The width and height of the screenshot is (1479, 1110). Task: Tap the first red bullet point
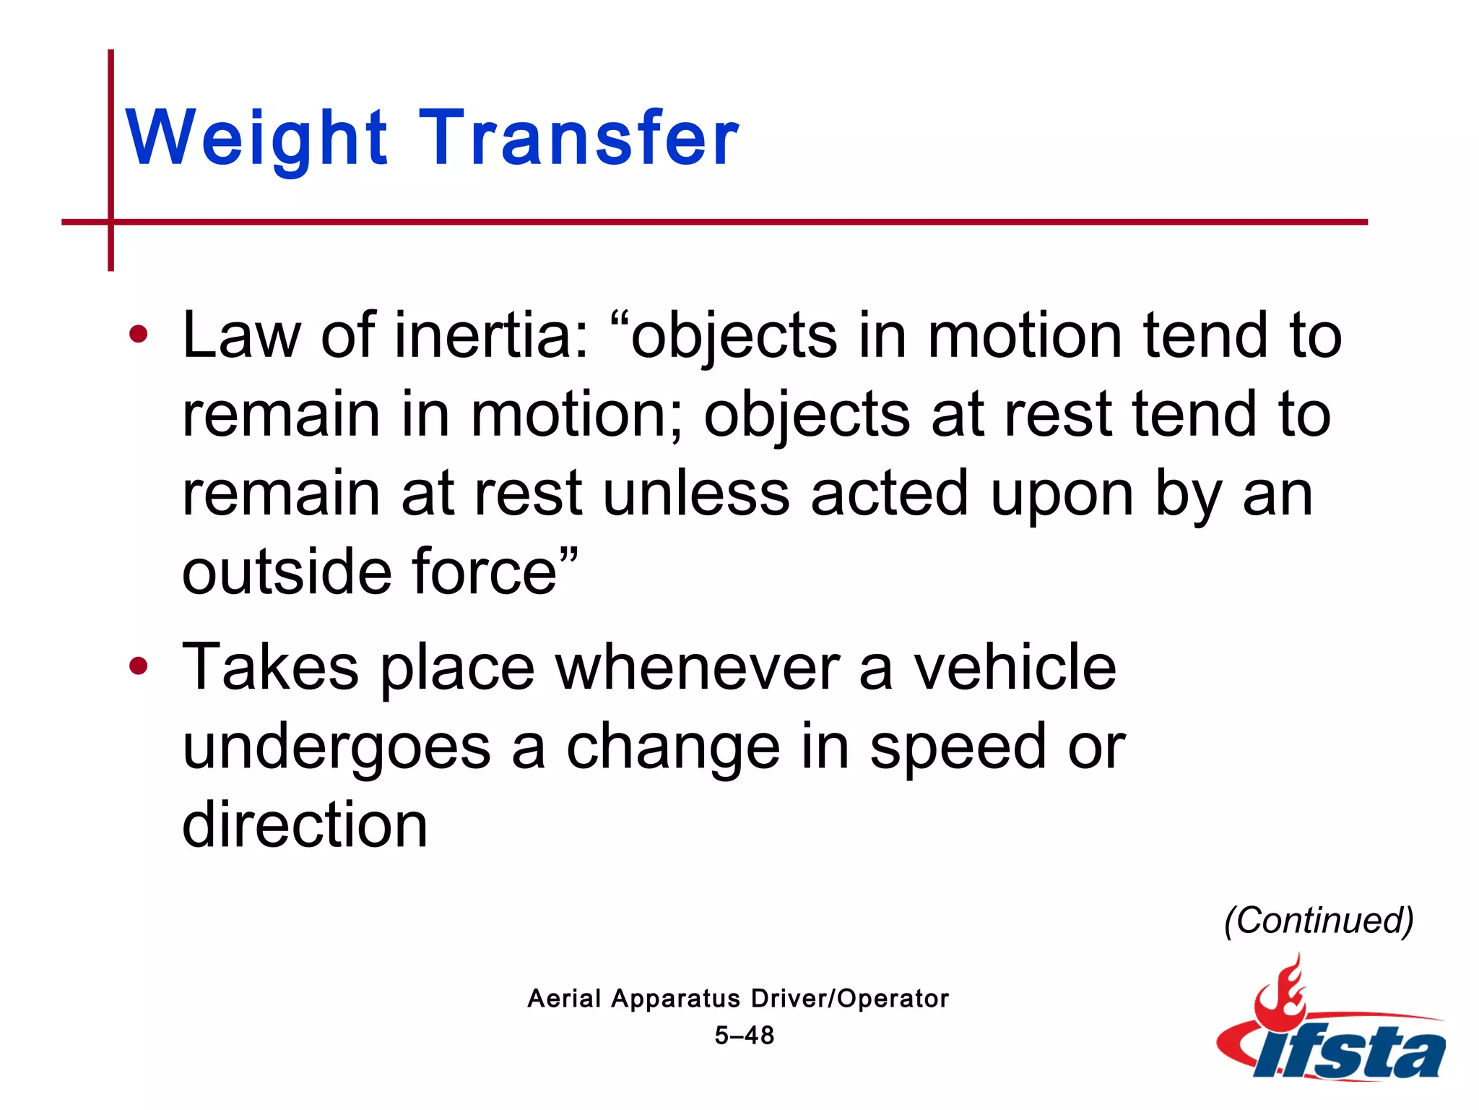[x=138, y=335]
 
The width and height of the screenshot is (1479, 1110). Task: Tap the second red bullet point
[x=138, y=666]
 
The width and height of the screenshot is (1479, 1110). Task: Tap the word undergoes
[x=337, y=747]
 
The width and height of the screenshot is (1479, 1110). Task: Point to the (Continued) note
[x=1319, y=921]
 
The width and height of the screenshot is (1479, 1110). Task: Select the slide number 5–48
[x=744, y=1036]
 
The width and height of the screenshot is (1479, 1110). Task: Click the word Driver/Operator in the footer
[x=849, y=999]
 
